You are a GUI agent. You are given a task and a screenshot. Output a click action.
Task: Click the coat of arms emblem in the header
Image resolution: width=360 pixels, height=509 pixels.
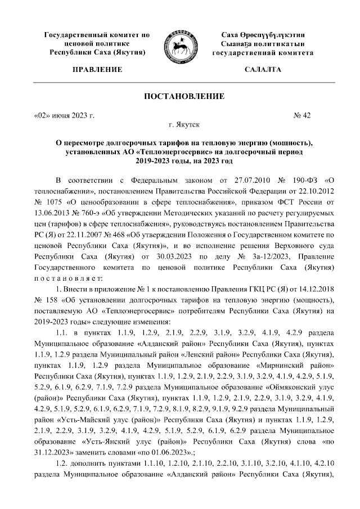180,44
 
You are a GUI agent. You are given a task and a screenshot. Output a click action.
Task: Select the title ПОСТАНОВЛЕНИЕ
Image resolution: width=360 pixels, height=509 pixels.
180,97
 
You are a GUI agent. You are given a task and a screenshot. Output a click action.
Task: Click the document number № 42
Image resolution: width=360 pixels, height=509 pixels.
303,115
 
